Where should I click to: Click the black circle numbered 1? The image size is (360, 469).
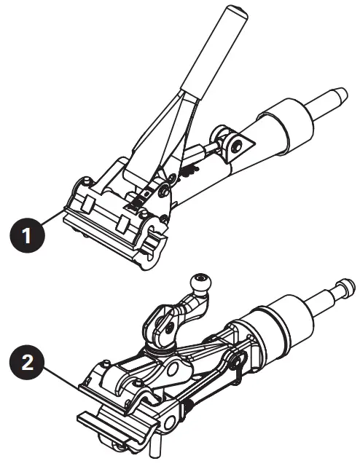26,237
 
